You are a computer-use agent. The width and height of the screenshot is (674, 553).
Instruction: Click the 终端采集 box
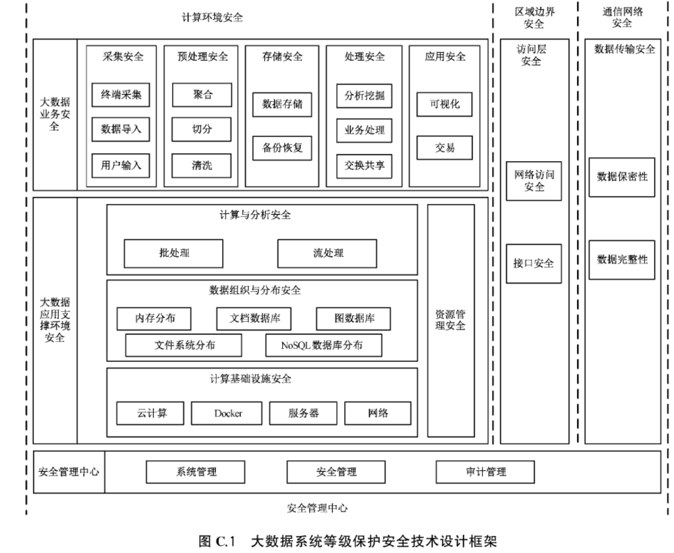(x=121, y=95)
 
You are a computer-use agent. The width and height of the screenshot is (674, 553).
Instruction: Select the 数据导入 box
(x=121, y=129)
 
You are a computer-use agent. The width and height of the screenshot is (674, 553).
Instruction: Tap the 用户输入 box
(x=121, y=165)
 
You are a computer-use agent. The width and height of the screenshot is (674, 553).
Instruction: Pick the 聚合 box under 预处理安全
(x=202, y=95)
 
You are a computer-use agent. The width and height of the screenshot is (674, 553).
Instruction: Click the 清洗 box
(x=202, y=165)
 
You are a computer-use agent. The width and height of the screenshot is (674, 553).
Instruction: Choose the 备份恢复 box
(x=282, y=148)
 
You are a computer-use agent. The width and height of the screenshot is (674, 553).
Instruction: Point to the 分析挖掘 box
(x=364, y=96)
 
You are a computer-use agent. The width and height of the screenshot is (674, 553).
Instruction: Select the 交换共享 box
(x=364, y=165)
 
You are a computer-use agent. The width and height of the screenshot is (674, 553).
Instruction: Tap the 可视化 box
(x=444, y=104)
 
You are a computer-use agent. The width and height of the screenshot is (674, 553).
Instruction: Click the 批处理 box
(x=173, y=253)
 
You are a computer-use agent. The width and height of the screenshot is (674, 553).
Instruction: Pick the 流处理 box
(x=327, y=253)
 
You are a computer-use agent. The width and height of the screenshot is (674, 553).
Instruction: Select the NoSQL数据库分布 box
(x=323, y=345)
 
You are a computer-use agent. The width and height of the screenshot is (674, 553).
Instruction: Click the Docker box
(x=227, y=413)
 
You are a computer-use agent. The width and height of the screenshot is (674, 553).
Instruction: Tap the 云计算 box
(x=150, y=413)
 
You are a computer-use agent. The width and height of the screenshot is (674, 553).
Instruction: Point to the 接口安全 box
(x=534, y=263)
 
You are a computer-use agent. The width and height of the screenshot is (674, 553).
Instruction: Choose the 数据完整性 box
(x=622, y=260)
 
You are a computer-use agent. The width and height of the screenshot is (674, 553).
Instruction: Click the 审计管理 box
(x=485, y=472)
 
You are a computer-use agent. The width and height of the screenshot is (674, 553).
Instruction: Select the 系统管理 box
(x=195, y=472)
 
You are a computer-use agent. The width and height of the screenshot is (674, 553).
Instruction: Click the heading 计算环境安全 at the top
(x=212, y=18)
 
